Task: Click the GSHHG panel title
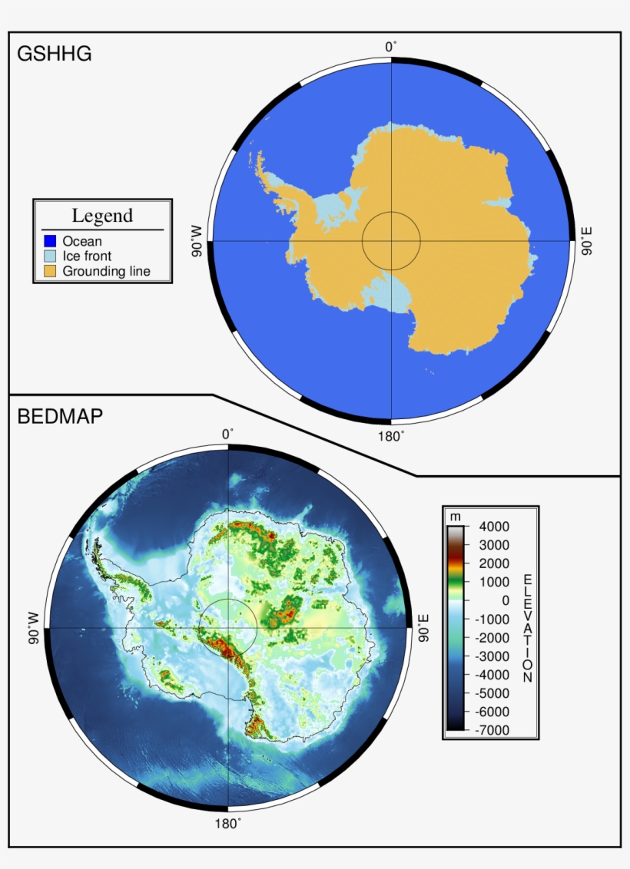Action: (54, 54)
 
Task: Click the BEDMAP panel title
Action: (60, 417)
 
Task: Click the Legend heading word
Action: (102, 216)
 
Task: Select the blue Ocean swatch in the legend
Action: (50, 241)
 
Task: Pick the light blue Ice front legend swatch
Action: (50, 256)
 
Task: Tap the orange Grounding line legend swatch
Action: (50, 271)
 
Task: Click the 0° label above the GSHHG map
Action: (391, 48)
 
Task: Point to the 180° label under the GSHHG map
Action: (392, 436)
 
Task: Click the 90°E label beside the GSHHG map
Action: (588, 241)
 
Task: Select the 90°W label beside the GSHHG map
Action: (197, 241)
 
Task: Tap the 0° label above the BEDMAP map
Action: (228, 434)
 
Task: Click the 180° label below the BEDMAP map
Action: (227, 823)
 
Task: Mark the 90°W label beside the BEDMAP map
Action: (34, 628)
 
